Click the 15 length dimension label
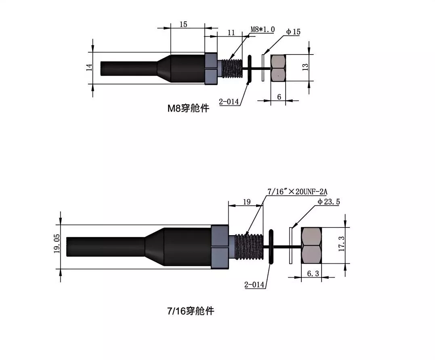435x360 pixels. click(x=183, y=24)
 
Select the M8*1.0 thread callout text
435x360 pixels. click(x=263, y=29)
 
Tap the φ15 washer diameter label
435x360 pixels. click(x=293, y=32)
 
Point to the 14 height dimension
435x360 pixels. click(x=89, y=67)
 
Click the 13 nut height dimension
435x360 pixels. click(x=305, y=67)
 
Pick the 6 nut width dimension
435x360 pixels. click(x=279, y=97)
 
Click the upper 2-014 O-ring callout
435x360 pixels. click(x=229, y=101)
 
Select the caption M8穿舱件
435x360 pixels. click(x=188, y=108)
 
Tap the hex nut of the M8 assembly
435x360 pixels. click(x=278, y=68)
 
